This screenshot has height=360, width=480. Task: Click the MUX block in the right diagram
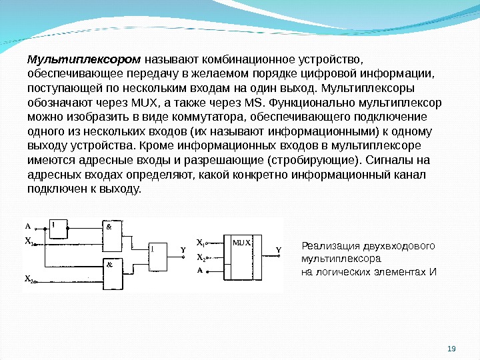pyautogui.click(x=242, y=258)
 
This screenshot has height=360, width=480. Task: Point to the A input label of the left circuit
pyautogui.click(x=28, y=225)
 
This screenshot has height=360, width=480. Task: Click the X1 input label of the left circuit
pyautogui.click(x=29, y=243)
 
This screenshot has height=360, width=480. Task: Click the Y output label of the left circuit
pyautogui.click(x=182, y=250)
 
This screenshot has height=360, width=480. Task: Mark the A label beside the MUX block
pyautogui.click(x=199, y=271)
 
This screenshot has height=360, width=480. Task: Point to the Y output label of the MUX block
pyautogui.click(x=279, y=251)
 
